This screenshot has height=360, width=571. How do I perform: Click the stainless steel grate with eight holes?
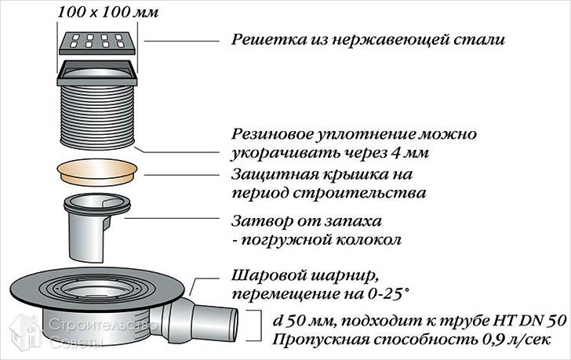(97, 43)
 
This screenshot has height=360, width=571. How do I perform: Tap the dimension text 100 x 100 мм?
(108, 13)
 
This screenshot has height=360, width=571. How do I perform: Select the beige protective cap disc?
(97, 172)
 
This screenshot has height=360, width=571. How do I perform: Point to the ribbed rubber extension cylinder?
(97, 118)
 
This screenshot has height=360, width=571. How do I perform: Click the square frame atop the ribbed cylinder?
(97, 73)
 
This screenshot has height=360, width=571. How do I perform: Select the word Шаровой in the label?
(270, 276)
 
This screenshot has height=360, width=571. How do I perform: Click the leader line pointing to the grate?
(182, 41)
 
